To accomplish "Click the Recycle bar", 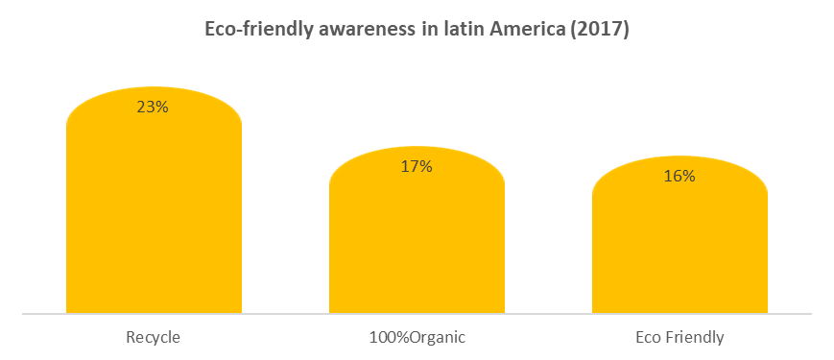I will point(154,221).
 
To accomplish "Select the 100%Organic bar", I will point(417,250).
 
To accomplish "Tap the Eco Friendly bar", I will point(679,254).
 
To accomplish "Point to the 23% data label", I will point(153,108).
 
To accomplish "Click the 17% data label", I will point(417,167).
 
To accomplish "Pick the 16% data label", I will point(679,177).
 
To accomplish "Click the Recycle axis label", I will point(154,337).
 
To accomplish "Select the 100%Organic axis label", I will point(417,337).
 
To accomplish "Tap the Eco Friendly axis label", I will point(679,337).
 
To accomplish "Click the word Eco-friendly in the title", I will point(253,30).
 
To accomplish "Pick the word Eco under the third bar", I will point(648,337).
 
